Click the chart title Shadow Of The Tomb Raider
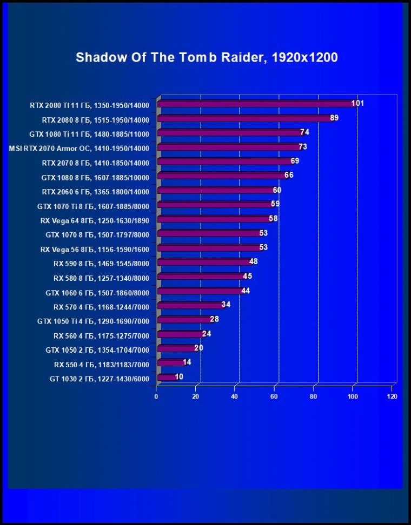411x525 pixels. (x=207, y=58)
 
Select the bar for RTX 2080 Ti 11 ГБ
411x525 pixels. (x=256, y=104)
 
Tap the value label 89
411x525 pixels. (x=334, y=118)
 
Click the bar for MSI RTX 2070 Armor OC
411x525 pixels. (x=229, y=147)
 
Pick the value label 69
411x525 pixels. (x=295, y=161)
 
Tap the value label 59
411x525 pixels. (x=275, y=204)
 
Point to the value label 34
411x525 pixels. (x=226, y=305)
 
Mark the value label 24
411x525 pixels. (x=207, y=334)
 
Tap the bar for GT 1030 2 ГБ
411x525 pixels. (x=167, y=378)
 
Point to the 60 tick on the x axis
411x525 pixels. (x=275, y=396)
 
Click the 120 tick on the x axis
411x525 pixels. (x=392, y=396)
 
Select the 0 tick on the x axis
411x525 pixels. (x=156, y=396)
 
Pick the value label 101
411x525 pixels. (x=357, y=103)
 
